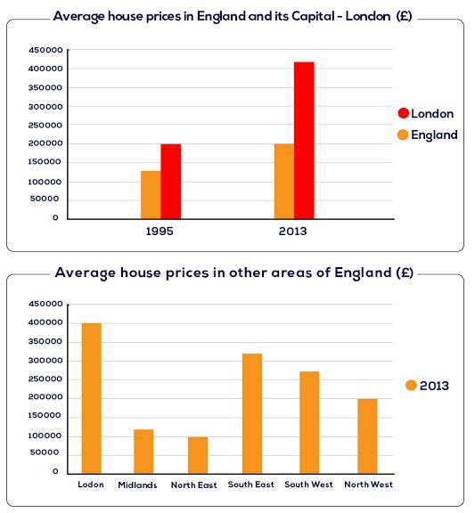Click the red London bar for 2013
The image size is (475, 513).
304,140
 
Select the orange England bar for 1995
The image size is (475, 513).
151,194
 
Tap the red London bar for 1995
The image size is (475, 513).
170,181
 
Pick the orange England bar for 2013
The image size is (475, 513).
283,181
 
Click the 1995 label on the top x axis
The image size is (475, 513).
160,231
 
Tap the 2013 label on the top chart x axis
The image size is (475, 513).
292,231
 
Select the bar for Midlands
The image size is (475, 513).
143,452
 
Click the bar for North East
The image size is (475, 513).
198,455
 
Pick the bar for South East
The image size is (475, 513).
252,413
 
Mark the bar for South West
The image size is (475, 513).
309,422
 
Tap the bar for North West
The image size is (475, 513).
367,436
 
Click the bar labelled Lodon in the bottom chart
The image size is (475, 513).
91,398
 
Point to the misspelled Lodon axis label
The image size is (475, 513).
91,484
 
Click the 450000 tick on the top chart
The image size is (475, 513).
44,50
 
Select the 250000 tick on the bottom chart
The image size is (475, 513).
44,379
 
